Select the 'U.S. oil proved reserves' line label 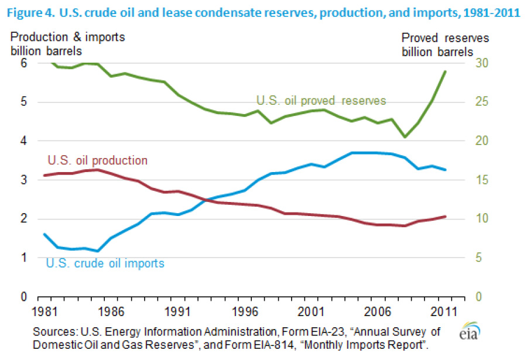321,100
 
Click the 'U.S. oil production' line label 97,160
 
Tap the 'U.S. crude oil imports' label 105,263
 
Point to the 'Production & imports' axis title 68,38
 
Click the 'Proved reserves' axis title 445,38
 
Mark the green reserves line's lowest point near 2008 404,137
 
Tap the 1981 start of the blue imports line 45,234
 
